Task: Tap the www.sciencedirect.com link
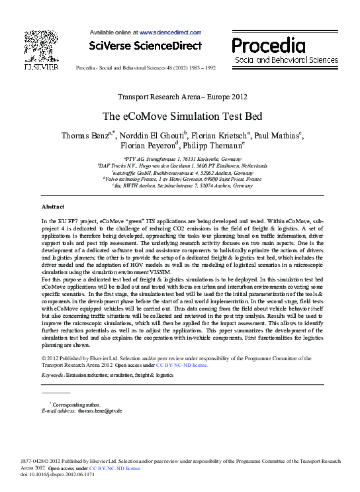tap(169, 32)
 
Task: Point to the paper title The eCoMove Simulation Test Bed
tap(179, 115)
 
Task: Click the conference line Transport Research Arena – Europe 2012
tap(179, 96)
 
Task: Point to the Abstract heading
tap(53, 207)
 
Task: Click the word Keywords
tap(54, 374)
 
